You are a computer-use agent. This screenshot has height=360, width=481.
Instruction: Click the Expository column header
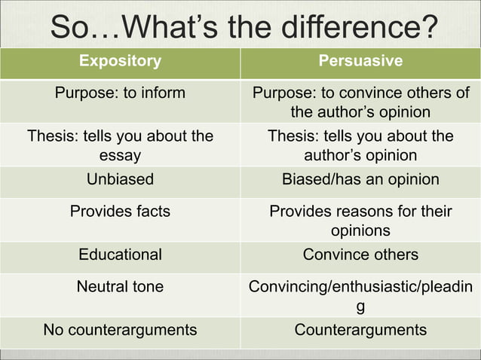pyautogui.click(x=121, y=62)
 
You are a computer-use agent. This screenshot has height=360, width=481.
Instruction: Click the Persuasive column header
pyautogui.click(x=360, y=62)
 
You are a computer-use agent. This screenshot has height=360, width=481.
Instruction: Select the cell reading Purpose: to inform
pyautogui.click(x=121, y=93)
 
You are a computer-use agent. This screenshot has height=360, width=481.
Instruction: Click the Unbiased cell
pyautogui.click(x=121, y=180)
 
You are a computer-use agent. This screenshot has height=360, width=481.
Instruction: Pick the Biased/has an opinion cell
pyautogui.click(x=360, y=180)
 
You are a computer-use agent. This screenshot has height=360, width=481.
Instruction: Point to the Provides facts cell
pyautogui.click(x=121, y=212)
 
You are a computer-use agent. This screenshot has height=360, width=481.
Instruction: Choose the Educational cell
pyautogui.click(x=121, y=255)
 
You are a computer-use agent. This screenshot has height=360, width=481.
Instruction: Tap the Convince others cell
pyautogui.click(x=360, y=255)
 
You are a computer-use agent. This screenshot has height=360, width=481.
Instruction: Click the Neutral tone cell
pyautogui.click(x=121, y=287)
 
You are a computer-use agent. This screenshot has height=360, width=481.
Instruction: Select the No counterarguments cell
pyautogui.click(x=121, y=330)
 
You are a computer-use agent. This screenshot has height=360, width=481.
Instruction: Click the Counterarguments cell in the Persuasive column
pyautogui.click(x=360, y=330)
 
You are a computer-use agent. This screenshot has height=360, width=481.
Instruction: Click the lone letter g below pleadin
pyautogui.click(x=360, y=307)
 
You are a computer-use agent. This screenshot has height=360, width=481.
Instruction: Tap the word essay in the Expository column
pyautogui.click(x=121, y=156)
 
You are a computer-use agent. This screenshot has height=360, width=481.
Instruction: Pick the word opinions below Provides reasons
pyautogui.click(x=360, y=230)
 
